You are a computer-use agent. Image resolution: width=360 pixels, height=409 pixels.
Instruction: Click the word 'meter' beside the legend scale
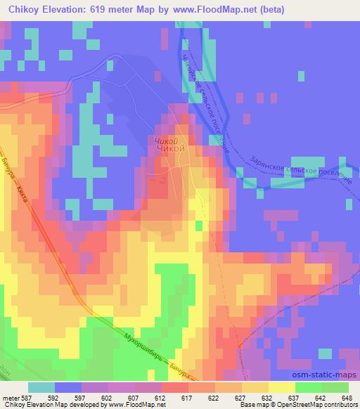tap(10, 397)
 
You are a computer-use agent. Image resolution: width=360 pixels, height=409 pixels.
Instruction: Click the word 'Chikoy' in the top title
tap(24, 9)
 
